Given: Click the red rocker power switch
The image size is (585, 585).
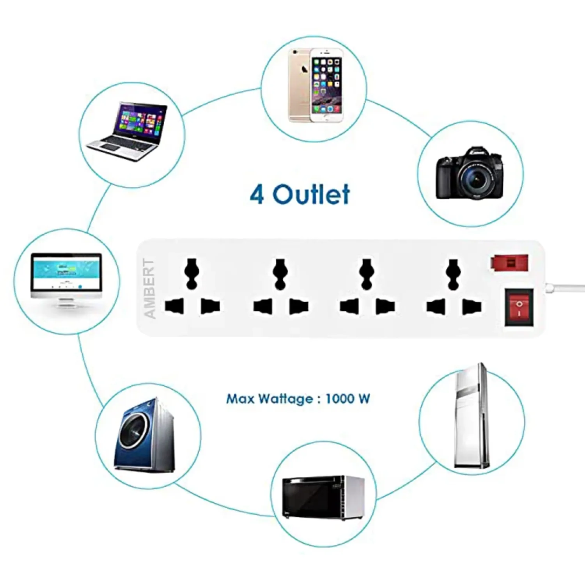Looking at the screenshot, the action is click(518, 307).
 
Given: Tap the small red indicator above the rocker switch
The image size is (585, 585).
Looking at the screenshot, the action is click(510, 263).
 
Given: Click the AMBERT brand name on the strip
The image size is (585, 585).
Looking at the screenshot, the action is click(150, 288).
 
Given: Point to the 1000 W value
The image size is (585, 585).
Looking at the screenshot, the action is click(347, 399).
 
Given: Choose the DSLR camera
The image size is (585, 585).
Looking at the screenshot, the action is click(470, 173).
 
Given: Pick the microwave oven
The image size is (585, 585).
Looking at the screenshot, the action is click(323, 497).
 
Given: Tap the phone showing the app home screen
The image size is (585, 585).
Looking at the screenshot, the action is click(327, 86).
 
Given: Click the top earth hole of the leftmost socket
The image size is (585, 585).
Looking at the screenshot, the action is click(192, 273).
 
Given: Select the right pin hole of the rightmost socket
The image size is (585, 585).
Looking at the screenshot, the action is click(472, 307).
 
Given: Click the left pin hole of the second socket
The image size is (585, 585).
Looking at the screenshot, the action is click(262, 307).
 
